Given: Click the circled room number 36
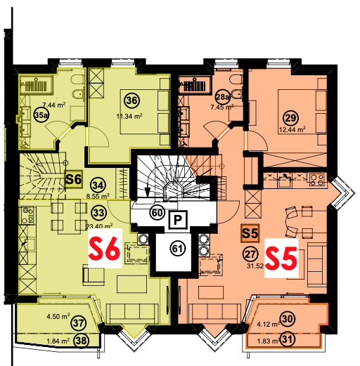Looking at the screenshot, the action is [131, 100].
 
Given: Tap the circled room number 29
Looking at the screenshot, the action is [290, 118].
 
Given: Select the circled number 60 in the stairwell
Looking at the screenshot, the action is [157, 213].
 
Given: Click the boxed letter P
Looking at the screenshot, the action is [178, 220].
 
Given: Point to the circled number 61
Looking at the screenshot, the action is [177, 249].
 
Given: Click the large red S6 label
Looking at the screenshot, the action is [105, 248].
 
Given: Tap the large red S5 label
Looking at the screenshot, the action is [281, 258].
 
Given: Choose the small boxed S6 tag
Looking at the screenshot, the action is [74, 179].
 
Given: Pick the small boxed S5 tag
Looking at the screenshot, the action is [250, 233].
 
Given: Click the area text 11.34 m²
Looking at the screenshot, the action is [129, 116].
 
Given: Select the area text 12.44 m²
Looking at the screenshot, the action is [292, 129].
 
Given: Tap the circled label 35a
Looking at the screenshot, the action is [41, 115].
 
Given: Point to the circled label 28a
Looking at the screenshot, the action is [222, 97].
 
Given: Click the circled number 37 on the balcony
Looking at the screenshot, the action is [79, 323].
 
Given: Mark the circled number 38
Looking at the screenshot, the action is [82, 340].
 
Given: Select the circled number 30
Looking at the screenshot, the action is [288, 319].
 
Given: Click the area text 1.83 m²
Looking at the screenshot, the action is [269, 341].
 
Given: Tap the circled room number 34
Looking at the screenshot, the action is [98, 185].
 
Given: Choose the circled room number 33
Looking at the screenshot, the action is [98, 213].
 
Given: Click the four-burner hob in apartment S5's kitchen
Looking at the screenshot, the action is [316, 180].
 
